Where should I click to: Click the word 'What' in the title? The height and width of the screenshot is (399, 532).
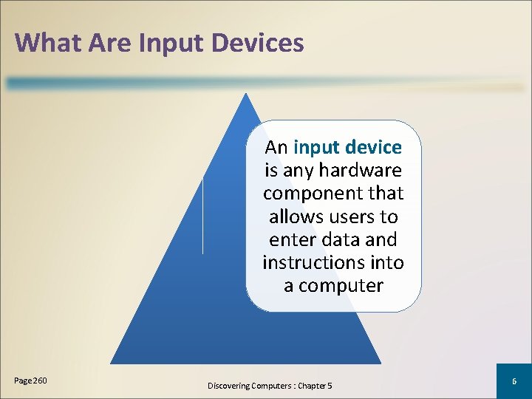click(x=48, y=42)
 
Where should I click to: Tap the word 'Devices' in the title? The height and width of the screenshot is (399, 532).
click(x=258, y=42)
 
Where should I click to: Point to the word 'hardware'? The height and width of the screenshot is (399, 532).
click(x=361, y=171)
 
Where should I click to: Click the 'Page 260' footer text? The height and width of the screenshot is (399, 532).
click(x=30, y=381)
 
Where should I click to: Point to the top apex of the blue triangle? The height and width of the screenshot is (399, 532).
click(x=245, y=94)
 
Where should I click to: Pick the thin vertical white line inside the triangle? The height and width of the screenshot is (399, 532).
click(x=203, y=214)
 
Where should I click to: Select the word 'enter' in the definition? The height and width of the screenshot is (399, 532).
click(x=292, y=240)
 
